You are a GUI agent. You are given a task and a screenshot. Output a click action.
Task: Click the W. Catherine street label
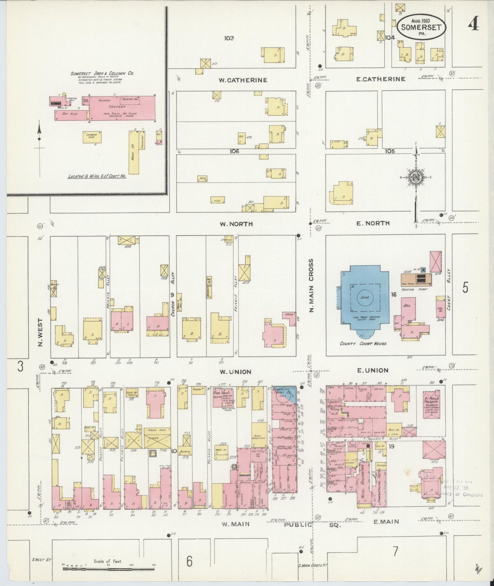tap(243, 80)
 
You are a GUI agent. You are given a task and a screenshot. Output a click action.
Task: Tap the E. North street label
tap(373, 223)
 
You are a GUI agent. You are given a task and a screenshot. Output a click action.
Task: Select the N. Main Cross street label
tap(311, 285)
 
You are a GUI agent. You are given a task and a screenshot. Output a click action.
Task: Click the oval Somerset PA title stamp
tap(421, 27)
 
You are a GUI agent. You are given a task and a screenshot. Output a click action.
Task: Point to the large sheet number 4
tap(473, 24)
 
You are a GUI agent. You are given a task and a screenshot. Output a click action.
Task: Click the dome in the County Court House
tap(365, 297)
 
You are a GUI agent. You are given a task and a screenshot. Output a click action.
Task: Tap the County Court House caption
tap(363, 344)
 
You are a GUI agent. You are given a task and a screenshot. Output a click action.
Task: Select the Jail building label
tap(407, 305)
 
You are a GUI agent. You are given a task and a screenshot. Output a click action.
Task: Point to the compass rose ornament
tap(416, 177)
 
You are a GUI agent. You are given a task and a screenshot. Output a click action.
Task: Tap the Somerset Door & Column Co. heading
tap(102, 74)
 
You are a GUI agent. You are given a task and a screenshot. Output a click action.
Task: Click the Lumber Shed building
tap(92, 137)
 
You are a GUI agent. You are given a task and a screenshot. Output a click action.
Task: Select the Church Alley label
tap(173, 294)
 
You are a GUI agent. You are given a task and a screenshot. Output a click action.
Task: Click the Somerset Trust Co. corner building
tap(284, 395)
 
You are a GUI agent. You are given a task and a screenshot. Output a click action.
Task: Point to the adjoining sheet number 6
tap(189, 561)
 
